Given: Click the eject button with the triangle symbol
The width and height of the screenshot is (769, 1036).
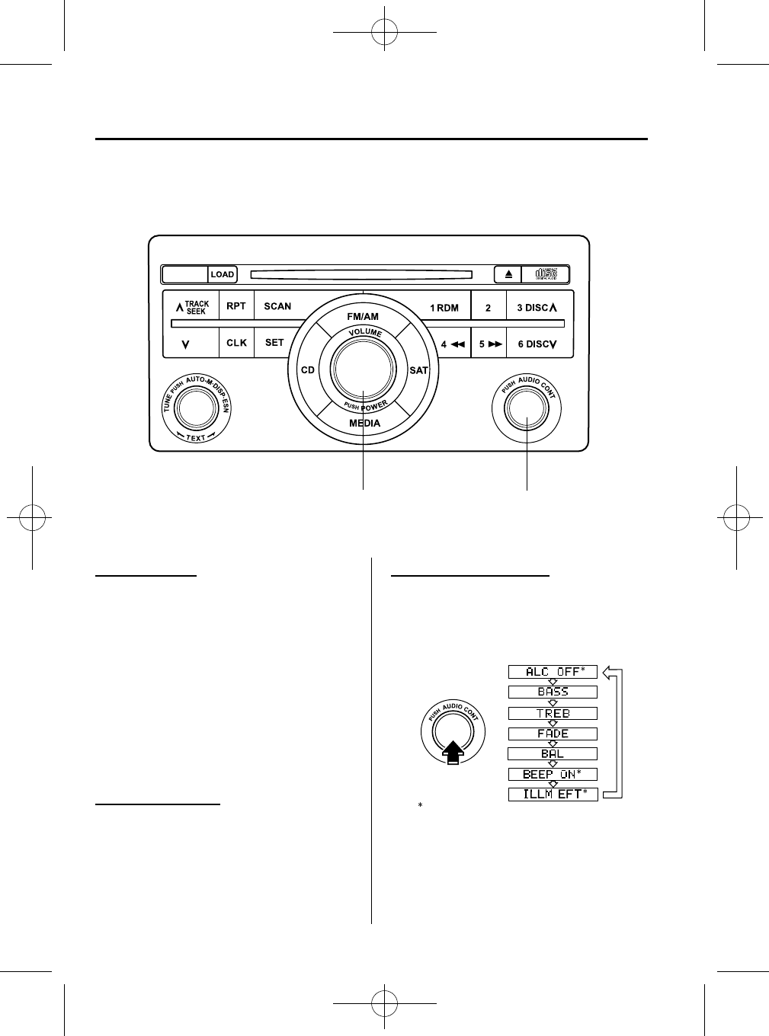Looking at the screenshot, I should click(x=508, y=274).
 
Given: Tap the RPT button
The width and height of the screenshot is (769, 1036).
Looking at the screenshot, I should click(x=236, y=306).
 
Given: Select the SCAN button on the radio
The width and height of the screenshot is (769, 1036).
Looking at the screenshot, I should click(x=277, y=306).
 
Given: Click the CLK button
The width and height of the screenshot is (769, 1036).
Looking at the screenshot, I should click(x=236, y=343).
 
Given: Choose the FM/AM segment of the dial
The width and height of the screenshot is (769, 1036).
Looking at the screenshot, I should click(x=363, y=315).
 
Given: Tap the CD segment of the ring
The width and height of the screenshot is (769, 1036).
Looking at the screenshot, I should click(x=307, y=370).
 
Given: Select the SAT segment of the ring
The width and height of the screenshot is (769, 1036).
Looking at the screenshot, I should click(x=418, y=370).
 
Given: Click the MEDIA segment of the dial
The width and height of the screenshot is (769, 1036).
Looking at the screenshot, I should click(x=364, y=423).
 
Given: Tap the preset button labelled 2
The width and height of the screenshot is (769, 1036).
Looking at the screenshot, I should click(x=488, y=308).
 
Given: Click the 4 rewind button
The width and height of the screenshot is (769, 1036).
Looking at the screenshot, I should click(x=453, y=344).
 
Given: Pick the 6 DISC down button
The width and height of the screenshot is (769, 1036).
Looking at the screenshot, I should click(x=537, y=344).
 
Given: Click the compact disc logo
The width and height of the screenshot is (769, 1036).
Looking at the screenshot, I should click(x=546, y=274).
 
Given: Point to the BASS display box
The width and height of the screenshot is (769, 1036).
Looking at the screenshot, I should click(x=553, y=692).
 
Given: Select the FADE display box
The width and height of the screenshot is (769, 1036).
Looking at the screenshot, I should click(x=553, y=734).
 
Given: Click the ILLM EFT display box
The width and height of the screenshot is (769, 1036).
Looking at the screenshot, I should click(x=553, y=795).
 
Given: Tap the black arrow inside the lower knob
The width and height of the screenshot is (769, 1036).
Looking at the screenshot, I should click(x=453, y=752).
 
